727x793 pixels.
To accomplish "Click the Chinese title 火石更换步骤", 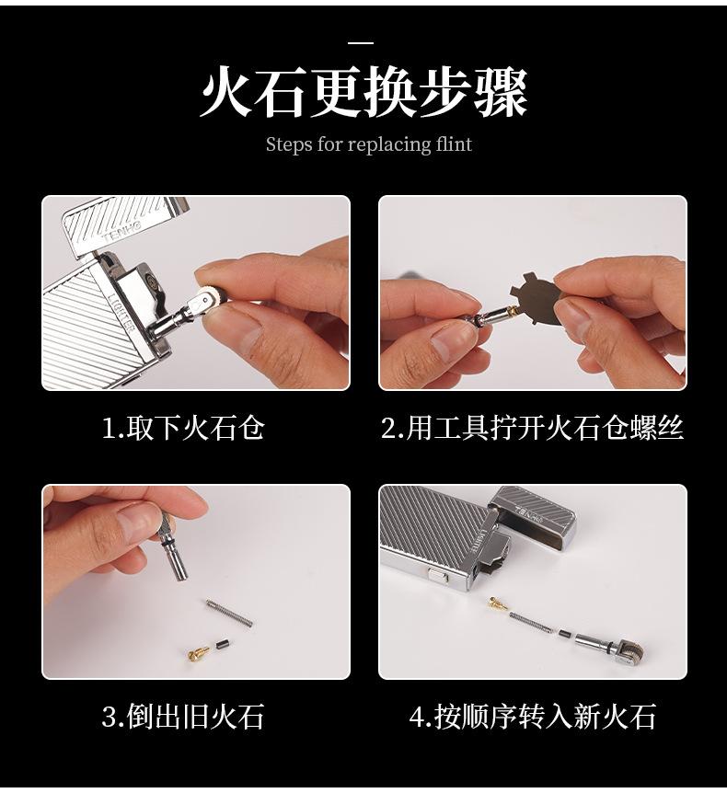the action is [x=363, y=93].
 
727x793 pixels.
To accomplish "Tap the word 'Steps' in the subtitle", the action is [x=287, y=145].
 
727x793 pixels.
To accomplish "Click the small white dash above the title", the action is [x=361, y=43].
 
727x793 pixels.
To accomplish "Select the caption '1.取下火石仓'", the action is [x=183, y=428].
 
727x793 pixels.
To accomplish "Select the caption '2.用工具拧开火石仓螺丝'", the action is [x=532, y=428].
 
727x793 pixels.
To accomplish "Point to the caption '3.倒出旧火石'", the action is [x=183, y=717].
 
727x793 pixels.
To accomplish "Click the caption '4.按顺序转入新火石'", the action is [x=532, y=717].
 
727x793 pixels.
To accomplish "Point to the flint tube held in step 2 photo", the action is [x=492, y=316].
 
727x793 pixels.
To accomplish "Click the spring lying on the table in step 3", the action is [x=229, y=613].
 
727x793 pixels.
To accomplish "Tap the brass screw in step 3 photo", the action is [x=199, y=653].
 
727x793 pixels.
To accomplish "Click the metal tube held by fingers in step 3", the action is [x=171, y=547].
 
